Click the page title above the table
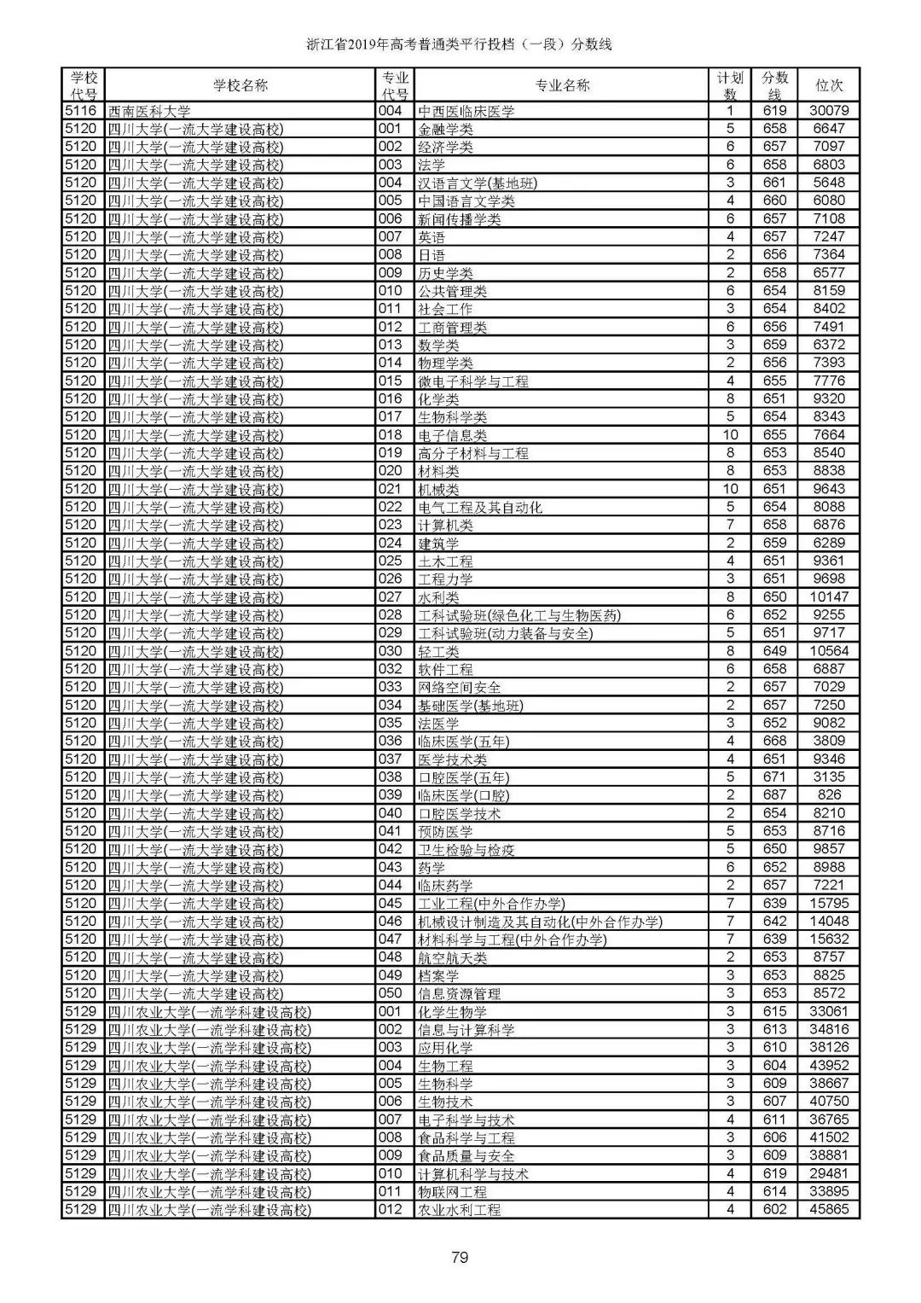pos(460,44)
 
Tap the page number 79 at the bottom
pos(460,1256)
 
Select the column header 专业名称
pos(562,85)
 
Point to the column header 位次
pos(829,85)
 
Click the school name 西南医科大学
pos(149,111)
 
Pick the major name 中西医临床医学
pos(466,111)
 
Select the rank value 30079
pos(829,111)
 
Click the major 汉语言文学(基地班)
pos(478,183)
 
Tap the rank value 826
pos(829,795)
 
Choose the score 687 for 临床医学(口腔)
pos(774,795)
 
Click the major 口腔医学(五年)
pos(464,777)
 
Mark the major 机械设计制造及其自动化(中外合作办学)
pos(540,922)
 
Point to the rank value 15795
pos(829,904)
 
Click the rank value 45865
pos(829,1210)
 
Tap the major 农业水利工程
pos(460,1210)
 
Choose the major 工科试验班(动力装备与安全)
pos(505,633)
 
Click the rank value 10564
pos(829,651)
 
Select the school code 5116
pos(81,111)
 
